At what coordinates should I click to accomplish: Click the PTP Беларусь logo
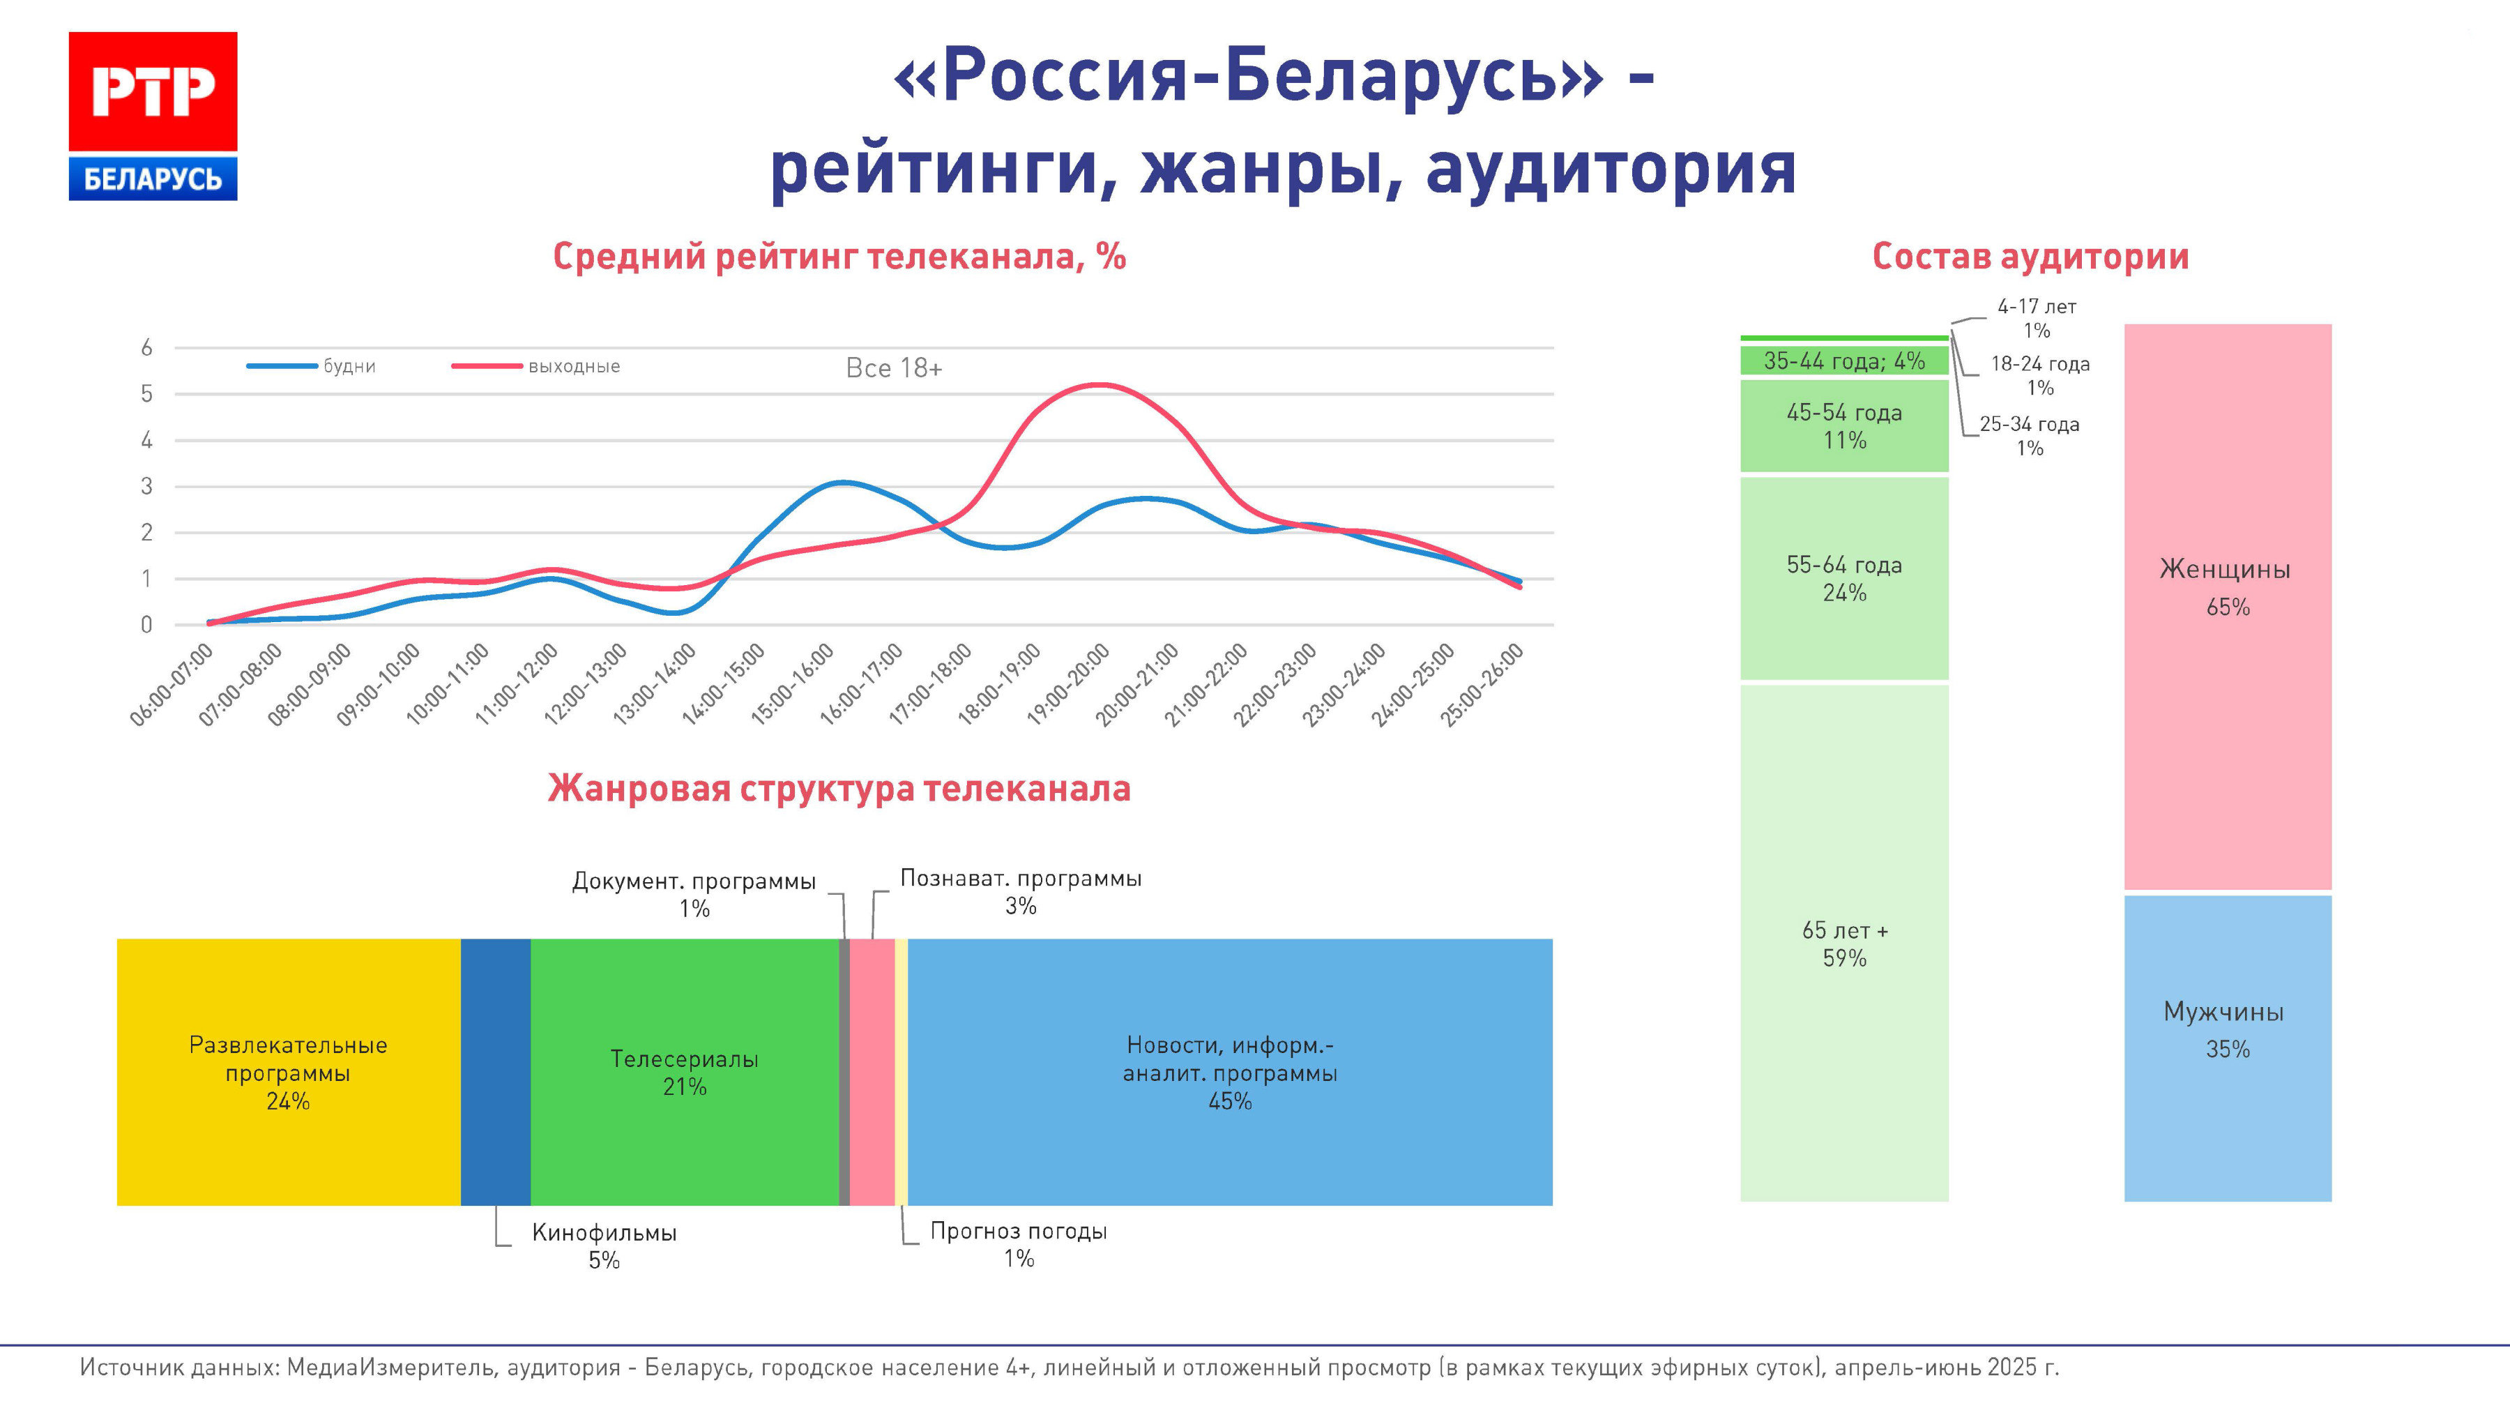[153, 116]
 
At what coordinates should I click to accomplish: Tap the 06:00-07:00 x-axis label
[172, 684]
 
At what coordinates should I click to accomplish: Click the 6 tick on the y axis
[147, 348]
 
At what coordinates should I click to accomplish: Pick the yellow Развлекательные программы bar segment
[289, 1072]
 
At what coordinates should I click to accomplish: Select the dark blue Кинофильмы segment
[495, 1072]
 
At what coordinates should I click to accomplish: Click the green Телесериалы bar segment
[684, 1072]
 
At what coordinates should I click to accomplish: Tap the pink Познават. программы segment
[872, 1072]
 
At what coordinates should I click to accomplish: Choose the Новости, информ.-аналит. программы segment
[1230, 1072]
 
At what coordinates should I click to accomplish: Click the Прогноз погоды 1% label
[1018, 1244]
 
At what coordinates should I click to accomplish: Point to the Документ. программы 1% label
[694, 895]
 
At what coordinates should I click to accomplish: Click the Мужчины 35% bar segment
[2228, 1047]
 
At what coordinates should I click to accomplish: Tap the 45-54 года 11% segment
[1844, 426]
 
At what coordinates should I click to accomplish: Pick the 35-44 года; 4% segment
[1844, 361]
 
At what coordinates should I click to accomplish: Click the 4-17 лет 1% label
[2037, 318]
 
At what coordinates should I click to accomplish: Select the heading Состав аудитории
[2030, 257]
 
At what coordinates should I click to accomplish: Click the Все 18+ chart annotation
[894, 368]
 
